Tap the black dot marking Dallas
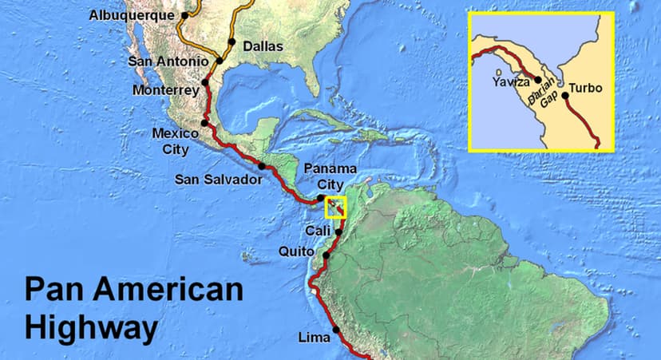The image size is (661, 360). (x=232, y=42)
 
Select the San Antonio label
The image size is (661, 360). (x=168, y=61)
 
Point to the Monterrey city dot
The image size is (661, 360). (x=205, y=81)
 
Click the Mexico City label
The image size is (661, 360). (x=170, y=140)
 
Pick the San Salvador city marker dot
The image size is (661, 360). (x=261, y=166)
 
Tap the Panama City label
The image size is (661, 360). (x=330, y=175)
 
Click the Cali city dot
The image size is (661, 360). (x=338, y=232)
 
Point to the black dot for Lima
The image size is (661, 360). (x=336, y=329)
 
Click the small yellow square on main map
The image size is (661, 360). (x=335, y=208)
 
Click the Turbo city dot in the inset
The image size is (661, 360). (x=565, y=96)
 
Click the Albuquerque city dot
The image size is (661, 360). (x=185, y=14)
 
